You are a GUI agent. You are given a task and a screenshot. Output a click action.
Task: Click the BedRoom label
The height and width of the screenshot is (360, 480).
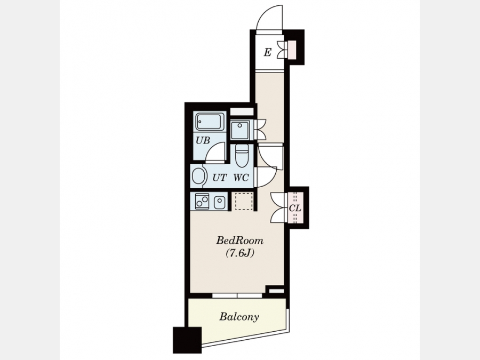point(239,241)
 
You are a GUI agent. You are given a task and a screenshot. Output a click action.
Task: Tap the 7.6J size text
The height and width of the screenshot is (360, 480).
point(240,253)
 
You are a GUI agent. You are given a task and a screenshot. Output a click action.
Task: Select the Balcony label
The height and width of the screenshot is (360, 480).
point(239,316)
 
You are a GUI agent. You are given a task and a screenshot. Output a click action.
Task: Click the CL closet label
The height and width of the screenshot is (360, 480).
point(295,209)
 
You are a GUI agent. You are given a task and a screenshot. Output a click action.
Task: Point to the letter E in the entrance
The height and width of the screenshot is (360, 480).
point(267,53)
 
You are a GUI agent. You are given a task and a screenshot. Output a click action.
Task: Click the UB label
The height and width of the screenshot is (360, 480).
point(203,140)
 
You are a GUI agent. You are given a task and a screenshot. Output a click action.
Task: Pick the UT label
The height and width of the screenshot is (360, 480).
point(220,178)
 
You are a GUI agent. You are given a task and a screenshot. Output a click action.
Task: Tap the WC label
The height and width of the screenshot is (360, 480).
point(241,178)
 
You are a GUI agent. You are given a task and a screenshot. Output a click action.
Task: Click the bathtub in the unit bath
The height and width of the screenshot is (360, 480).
point(210,122)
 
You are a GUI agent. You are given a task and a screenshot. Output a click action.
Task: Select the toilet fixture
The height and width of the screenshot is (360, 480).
point(242,156)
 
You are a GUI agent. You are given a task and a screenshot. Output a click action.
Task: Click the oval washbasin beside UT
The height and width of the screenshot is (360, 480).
point(198,177)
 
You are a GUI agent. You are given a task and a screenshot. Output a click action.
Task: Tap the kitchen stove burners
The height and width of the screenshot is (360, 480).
point(202,201)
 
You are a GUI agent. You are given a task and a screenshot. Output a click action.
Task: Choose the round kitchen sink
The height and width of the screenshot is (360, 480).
point(220,202)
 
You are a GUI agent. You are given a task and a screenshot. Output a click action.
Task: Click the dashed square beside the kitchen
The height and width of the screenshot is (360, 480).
point(244,201)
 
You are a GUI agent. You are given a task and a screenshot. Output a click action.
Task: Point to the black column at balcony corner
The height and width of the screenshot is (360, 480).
point(187,340)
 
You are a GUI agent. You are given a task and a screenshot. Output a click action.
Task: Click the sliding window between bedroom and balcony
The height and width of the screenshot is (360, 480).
point(237,295)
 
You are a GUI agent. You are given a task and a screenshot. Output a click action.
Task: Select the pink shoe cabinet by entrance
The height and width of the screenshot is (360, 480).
point(292,50)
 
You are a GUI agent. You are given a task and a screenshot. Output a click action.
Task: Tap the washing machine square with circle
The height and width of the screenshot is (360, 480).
point(240,130)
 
